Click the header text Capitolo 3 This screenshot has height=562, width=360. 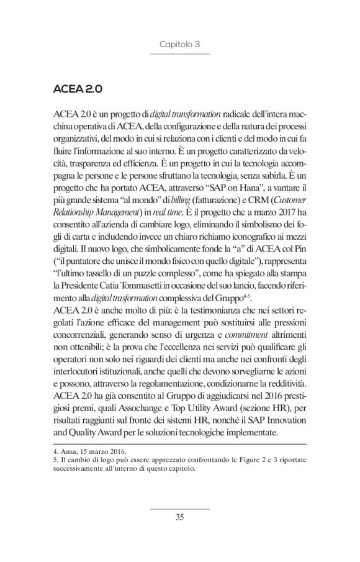coord(179,44)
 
